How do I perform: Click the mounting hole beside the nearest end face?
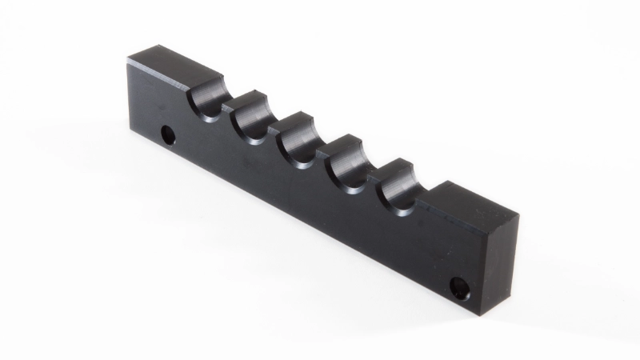460,286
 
